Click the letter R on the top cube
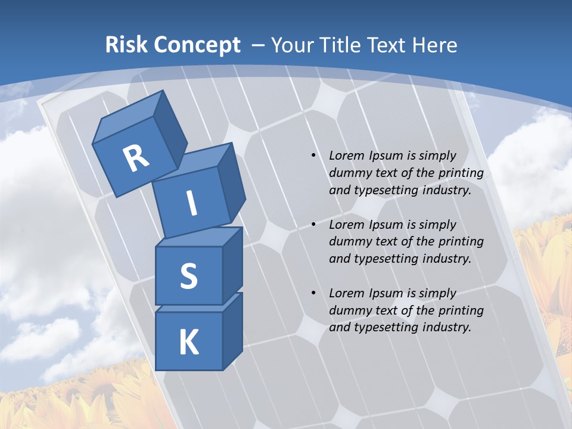click(136, 158)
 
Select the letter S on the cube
click(188, 276)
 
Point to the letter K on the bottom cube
click(188, 343)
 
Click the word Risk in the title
click(126, 45)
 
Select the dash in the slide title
click(258, 45)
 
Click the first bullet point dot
click(313, 156)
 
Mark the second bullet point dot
click(313, 225)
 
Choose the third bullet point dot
click(313, 293)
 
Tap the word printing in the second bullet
click(461, 241)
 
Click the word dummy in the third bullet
click(349, 310)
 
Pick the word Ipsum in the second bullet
click(387, 225)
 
